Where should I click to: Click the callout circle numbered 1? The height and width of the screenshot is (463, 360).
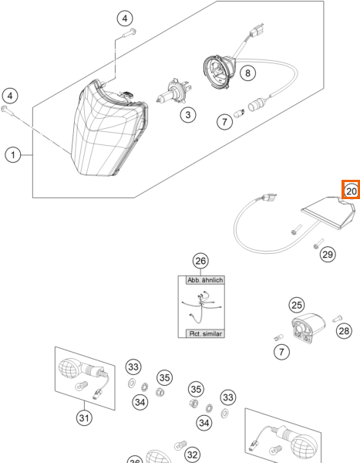coord(13,155)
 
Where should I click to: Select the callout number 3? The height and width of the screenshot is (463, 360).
coord(188,114)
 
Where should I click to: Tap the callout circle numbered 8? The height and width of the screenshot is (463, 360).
coord(247,73)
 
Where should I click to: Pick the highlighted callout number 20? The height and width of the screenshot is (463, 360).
coord(352,191)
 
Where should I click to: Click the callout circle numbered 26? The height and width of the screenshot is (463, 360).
coord(200,261)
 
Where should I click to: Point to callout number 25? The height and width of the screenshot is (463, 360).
coord(297,305)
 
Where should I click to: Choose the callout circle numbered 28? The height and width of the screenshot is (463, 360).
coord(344,331)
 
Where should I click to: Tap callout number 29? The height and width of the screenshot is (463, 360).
coord(328,254)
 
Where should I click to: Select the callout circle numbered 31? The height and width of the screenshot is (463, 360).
coord(84,417)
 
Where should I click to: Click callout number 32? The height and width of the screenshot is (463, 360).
coord(192,455)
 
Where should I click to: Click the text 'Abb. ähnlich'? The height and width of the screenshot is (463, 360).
coord(205,280)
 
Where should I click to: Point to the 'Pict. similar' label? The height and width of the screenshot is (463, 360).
coord(205,333)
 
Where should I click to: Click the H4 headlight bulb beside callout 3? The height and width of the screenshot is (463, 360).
coord(173,91)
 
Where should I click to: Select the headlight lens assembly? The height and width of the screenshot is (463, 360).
coord(109,128)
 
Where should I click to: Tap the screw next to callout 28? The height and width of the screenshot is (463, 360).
coord(337,319)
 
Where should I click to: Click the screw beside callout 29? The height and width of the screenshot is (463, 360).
coord(318,244)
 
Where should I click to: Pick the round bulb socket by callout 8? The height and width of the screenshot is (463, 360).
coord(219,72)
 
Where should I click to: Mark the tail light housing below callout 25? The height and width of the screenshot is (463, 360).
coord(308,328)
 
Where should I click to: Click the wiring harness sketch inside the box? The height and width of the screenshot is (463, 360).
coord(201,307)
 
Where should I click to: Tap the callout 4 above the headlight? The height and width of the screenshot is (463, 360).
coord(125,19)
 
